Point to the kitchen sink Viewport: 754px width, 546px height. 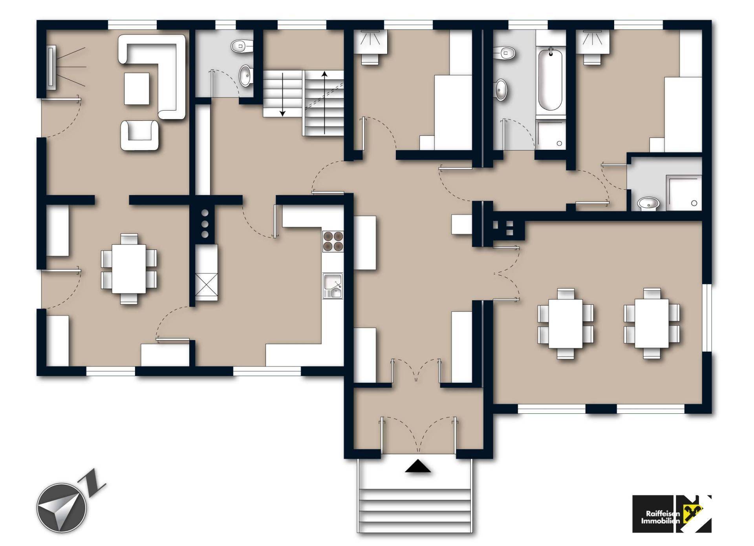pyautogui.click(x=333, y=286)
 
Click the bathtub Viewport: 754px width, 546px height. pyautogui.click(x=550, y=80)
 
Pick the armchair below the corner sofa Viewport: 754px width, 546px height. pyautogui.click(x=139, y=135)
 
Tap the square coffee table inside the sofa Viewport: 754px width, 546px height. pyautogui.click(x=137, y=89)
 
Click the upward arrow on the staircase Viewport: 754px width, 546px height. pyautogui.click(x=324, y=103)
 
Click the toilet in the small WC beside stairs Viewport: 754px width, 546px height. pyautogui.click(x=242, y=47)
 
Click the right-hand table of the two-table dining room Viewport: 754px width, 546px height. pyautogui.click(x=652, y=324)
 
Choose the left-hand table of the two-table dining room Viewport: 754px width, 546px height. pyautogui.click(x=565, y=324)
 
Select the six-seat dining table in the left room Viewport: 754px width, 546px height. pyautogui.click(x=129, y=269)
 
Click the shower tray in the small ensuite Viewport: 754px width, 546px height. pyautogui.click(x=684, y=193)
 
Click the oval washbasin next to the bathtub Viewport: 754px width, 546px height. pyautogui.click(x=501, y=89)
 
